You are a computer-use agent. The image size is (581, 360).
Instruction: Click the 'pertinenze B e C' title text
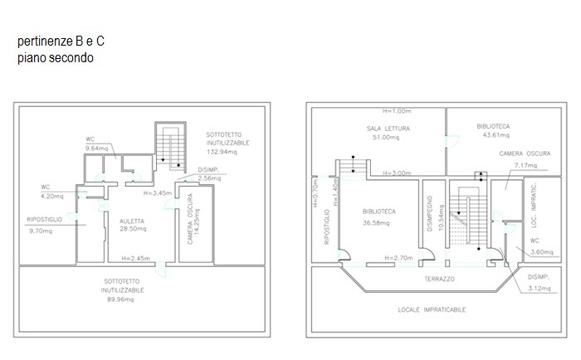point(61,41)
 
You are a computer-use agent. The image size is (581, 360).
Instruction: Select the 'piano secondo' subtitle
point(56,58)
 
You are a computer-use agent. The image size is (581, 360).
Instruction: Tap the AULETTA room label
point(132,221)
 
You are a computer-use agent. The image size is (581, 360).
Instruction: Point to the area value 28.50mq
point(133,229)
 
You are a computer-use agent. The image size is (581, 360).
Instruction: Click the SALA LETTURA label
point(388,129)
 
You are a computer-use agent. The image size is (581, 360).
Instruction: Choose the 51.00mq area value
point(386,138)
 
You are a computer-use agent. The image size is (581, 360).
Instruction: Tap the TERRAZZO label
point(439,279)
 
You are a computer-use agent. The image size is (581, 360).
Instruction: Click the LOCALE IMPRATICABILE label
point(432,309)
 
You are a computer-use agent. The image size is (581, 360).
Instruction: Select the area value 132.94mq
point(222,152)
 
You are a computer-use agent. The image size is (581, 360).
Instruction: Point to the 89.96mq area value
point(120,299)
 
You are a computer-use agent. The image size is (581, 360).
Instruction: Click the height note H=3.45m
point(158,193)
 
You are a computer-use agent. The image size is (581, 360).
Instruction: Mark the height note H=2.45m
point(135,258)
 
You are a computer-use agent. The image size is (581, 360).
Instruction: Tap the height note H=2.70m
point(398,258)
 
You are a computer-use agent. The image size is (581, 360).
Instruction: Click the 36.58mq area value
point(376,223)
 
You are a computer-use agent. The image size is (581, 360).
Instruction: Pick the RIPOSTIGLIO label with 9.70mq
point(45,220)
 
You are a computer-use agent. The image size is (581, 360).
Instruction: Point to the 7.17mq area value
point(525,165)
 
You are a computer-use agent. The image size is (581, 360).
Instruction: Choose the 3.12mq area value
point(539,288)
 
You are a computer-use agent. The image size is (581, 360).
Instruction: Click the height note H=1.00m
point(397,111)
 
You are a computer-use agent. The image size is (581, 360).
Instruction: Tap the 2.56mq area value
point(209,178)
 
